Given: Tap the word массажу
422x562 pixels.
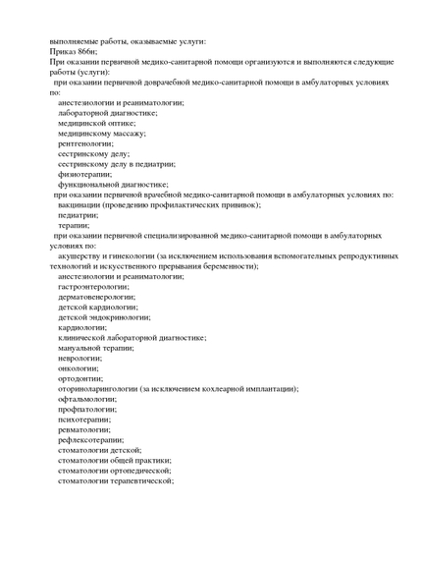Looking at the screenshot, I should [128, 133].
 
